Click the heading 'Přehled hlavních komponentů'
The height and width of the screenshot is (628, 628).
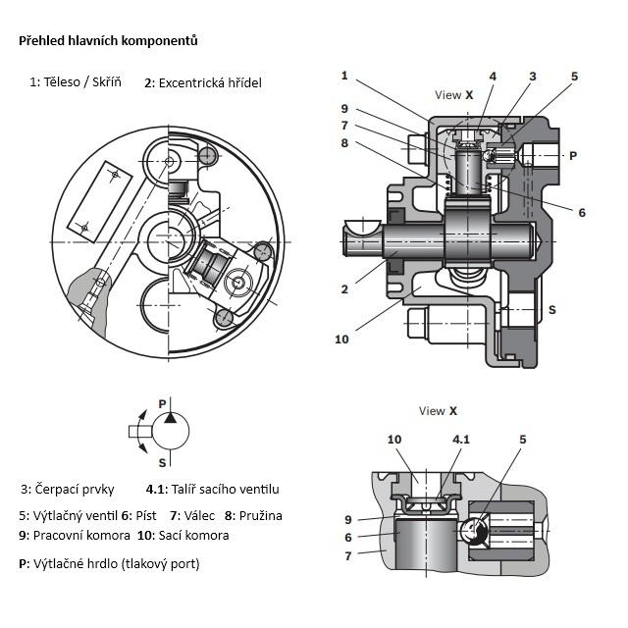tap(108, 41)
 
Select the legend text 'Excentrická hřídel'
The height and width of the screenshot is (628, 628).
tap(210, 82)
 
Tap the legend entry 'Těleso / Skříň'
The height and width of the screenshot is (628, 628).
tap(82, 82)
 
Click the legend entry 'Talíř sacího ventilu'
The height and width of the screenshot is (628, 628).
tap(226, 489)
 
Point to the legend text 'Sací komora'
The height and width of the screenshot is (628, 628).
tap(194, 536)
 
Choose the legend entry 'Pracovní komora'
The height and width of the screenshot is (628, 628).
tap(81, 536)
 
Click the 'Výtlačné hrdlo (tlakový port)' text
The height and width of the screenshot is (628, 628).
tap(117, 564)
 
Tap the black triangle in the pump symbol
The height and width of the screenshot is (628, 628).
tap(170, 418)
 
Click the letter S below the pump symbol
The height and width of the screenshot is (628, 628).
tap(162, 463)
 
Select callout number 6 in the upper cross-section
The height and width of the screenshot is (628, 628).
tap(582, 212)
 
